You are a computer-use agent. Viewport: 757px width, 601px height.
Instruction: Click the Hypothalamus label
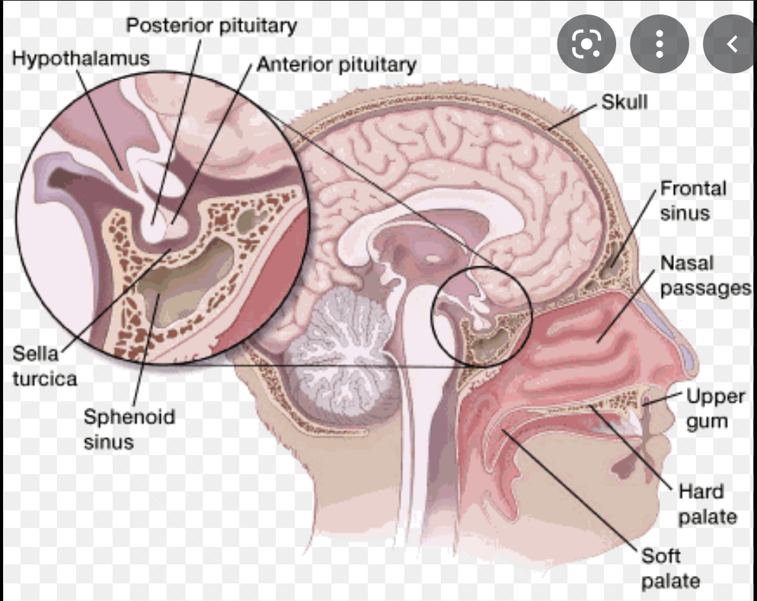click(x=80, y=59)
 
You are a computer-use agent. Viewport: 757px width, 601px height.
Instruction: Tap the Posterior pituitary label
click(x=211, y=25)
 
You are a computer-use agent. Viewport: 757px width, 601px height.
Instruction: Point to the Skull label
click(x=624, y=100)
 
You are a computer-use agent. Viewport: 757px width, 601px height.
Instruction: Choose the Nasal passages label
click(x=704, y=275)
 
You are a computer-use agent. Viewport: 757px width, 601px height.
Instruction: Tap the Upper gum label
click(x=715, y=408)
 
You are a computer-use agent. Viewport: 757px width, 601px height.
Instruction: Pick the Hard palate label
click(x=707, y=504)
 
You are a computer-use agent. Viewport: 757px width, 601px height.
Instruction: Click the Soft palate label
click(x=670, y=568)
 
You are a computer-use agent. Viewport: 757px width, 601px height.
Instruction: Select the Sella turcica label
click(x=44, y=365)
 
